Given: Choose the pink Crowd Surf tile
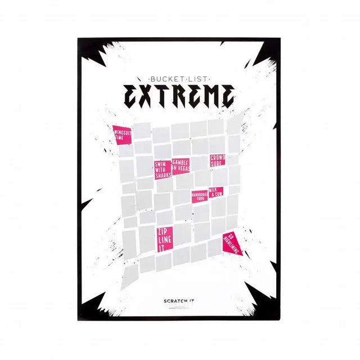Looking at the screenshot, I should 217,161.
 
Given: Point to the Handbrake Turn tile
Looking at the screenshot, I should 199,197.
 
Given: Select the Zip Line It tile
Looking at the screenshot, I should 164,239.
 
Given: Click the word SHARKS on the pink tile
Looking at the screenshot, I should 163,175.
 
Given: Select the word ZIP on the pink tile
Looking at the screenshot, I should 162,232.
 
